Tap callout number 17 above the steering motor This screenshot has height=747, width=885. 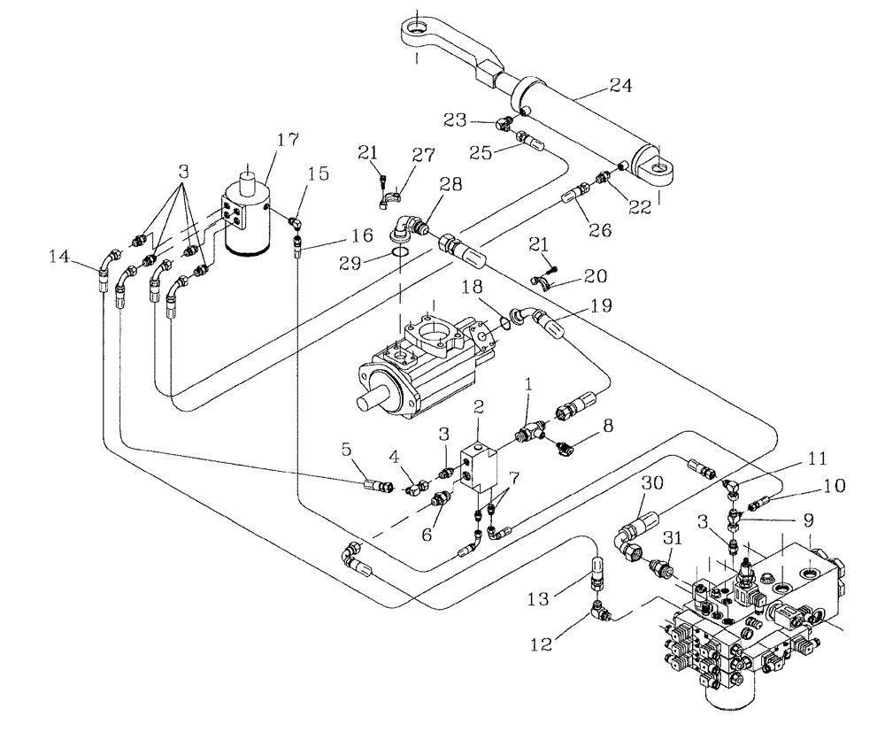tap(287, 140)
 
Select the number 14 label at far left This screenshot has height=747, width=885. tap(59, 256)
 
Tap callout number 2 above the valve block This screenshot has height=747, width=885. tap(479, 406)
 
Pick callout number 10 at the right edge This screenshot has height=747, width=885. tap(834, 485)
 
